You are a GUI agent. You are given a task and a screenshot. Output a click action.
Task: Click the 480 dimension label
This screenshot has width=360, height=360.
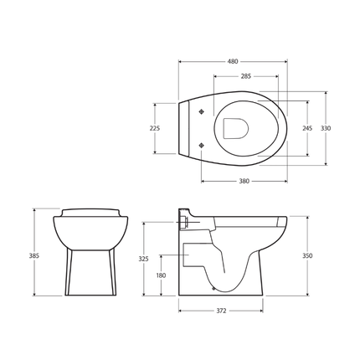(233, 61)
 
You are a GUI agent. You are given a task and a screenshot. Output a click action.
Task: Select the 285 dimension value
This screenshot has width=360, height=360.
(245, 76)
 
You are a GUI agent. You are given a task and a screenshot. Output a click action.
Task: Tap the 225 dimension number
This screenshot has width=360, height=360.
(154, 128)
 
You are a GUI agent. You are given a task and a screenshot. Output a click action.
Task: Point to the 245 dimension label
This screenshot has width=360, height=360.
(307, 128)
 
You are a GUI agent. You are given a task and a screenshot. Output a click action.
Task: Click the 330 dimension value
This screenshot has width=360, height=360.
(326, 128)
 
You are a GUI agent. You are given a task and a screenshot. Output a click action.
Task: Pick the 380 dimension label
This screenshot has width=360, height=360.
(244, 181)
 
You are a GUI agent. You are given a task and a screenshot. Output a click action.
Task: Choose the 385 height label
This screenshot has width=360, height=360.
(34, 255)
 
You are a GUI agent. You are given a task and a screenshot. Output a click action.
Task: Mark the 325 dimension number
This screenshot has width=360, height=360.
(143, 259)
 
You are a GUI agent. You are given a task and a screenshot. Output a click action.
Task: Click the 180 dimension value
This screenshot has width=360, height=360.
(161, 275)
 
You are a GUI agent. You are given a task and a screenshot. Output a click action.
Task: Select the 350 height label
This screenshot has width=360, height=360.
(307, 255)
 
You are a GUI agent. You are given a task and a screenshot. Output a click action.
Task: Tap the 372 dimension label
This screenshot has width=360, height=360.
(221, 311)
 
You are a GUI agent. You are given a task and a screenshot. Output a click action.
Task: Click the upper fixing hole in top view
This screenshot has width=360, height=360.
(201, 112)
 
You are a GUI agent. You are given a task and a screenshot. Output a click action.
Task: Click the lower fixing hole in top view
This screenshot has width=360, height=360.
(201, 146)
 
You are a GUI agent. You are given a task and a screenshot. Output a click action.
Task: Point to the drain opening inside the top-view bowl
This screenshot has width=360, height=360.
(235, 128)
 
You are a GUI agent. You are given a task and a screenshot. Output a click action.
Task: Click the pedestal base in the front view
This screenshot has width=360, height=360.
(90, 273)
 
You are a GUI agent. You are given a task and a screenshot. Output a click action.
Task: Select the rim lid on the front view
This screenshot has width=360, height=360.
(90, 213)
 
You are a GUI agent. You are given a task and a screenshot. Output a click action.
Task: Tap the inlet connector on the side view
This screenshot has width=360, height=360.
(183, 224)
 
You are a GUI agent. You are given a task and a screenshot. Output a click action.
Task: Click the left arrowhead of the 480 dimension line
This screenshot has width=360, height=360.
(181, 61)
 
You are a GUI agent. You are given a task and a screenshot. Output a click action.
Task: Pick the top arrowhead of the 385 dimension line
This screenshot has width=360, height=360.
(34, 210)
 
